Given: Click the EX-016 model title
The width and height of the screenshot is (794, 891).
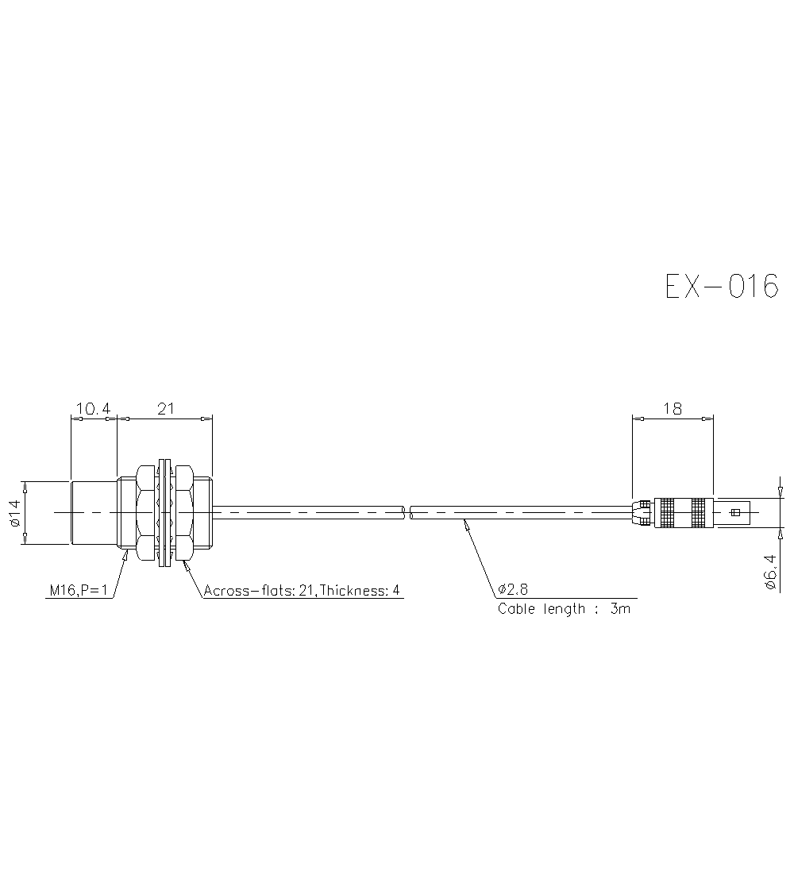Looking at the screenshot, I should tap(721, 286).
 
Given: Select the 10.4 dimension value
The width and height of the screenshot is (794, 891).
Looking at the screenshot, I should tap(93, 409).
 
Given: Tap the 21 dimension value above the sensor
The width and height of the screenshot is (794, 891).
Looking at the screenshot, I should tap(165, 409).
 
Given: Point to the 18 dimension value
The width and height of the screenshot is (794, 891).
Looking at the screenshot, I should tap(672, 409).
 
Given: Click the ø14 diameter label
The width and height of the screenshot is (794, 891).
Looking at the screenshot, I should tap(14, 513).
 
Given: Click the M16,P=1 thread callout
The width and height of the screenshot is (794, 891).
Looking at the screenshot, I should tap(79, 590).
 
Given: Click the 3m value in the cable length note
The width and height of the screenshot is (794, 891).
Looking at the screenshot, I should tap(622, 609).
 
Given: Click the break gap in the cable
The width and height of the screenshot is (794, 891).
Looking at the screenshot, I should tap(408, 513).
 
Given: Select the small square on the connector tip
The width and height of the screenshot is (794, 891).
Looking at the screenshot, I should tap(734, 513).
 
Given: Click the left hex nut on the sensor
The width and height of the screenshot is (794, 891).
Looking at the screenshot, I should tap(146, 513).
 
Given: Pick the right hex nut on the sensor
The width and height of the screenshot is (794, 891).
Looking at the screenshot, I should tap(184, 513).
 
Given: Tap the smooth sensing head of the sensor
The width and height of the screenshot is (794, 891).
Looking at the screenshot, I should tap(94, 513).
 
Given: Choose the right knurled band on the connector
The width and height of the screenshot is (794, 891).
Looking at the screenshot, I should tap(698, 513).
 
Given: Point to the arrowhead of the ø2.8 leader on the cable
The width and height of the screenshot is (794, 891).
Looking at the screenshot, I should tap(466, 523).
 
